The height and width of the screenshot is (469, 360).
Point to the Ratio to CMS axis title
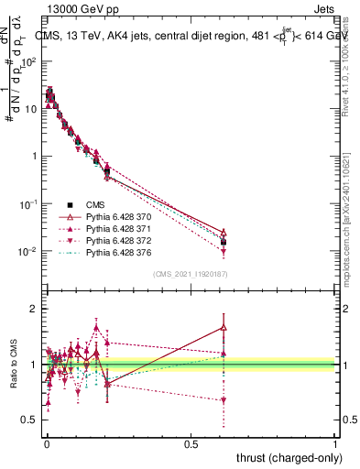[x=15, y=365]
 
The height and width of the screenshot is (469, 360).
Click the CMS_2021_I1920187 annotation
[x=190, y=273]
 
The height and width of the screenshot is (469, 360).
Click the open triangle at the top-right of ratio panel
[x=224, y=327]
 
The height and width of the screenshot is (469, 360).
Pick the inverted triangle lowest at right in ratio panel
[x=224, y=400]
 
